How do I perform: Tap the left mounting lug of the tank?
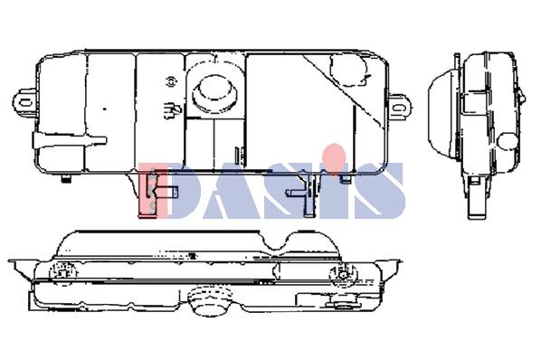pos(24,102)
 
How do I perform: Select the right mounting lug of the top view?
pos(401,108)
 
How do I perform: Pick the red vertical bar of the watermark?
pos(147,191)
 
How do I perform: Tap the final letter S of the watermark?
pos(383,191)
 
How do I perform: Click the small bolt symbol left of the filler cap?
pos(171,81)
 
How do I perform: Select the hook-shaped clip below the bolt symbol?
pos(172,110)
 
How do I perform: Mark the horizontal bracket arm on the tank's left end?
pos(70,141)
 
